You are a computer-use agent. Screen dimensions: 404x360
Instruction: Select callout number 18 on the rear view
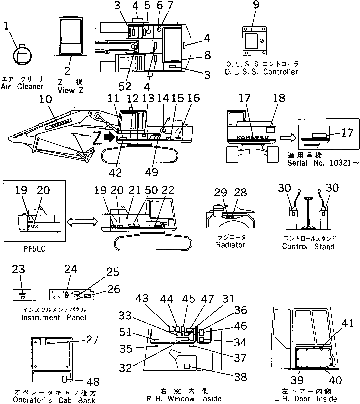(279, 100)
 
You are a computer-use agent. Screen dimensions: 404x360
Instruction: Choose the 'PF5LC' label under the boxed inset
(32, 248)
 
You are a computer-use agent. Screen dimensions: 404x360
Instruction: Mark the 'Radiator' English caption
(230, 245)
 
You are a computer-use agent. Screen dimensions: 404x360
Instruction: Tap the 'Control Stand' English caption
(308, 246)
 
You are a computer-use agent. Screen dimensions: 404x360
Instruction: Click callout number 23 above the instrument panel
(18, 269)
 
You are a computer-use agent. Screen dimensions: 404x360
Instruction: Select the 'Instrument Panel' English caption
(53, 317)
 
